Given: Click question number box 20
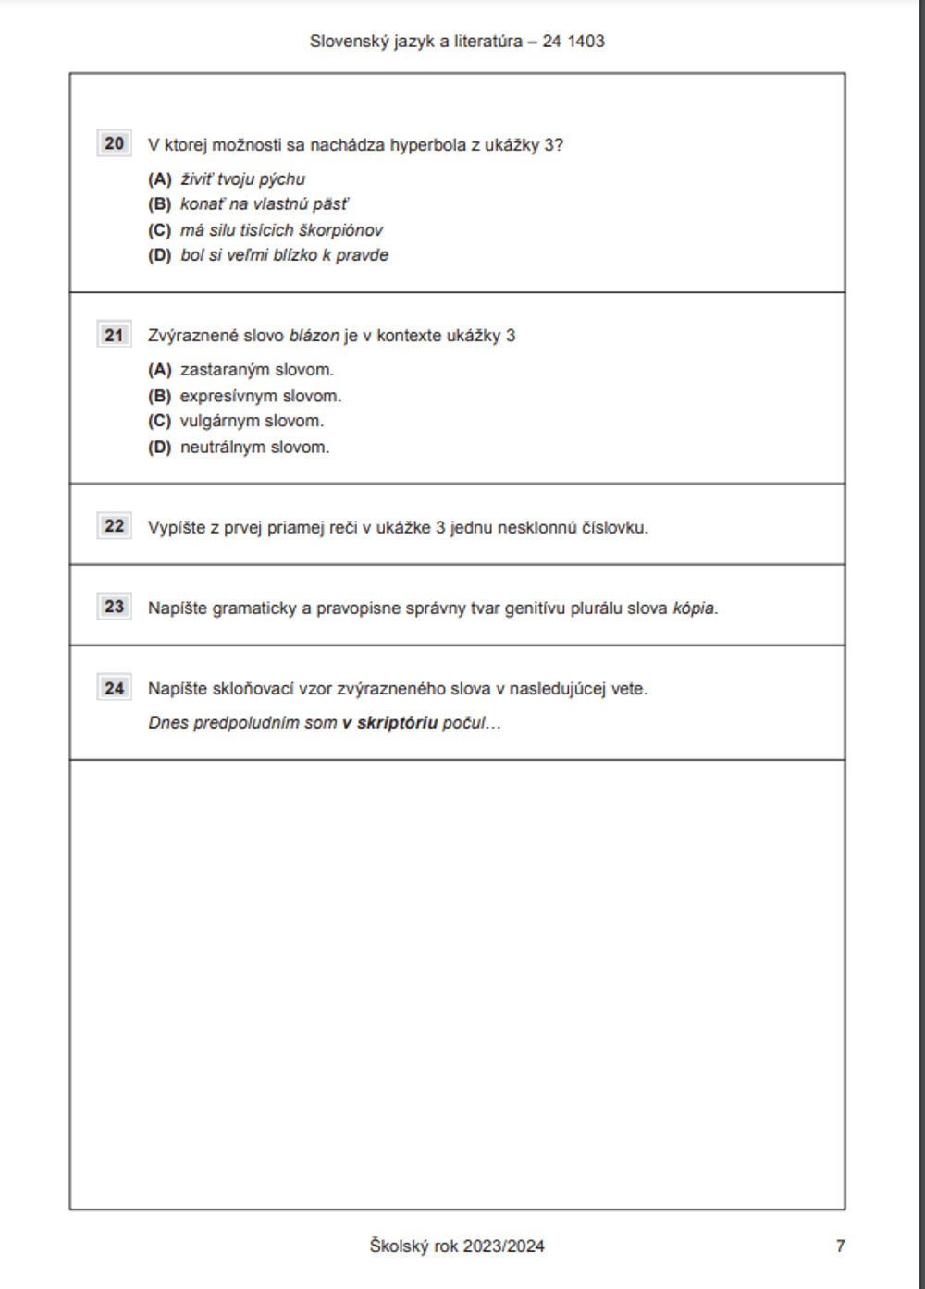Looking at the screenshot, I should pyautogui.click(x=114, y=143).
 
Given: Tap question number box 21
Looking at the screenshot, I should pyautogui.click(x=114, y=335).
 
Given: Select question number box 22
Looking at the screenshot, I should pyautogui.click(x=114, y=526).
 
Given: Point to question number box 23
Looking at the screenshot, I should pyautogui.click(x=114, y=607).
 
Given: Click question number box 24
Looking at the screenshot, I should pyautogui.click(x=114, y=688).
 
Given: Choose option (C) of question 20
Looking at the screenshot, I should pyautogui.click(x=160, y=230).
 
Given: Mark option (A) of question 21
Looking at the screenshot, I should pyautogui.click(x=160, y=370).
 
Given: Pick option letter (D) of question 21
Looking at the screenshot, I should pyautogui.click(x=160, y=448).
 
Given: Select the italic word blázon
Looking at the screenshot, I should pyautogui.click(x=314, y=336).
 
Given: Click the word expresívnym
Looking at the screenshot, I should pyautogui.click(x=228, y=396).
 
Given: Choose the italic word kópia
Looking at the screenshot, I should pyautogui.click(x=694, y=608).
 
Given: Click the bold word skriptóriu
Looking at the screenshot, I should pyautogui.click(x=397, y=723).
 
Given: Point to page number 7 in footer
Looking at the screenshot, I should pyautogui.click(x=840, y=1246).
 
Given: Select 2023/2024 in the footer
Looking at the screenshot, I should pyautogui.click(x=503, y=1246).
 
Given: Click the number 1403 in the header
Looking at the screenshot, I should pyautogui.click(x=586, y=42).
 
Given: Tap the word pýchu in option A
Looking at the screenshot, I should pyautogui.click(x=282, y=179).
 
